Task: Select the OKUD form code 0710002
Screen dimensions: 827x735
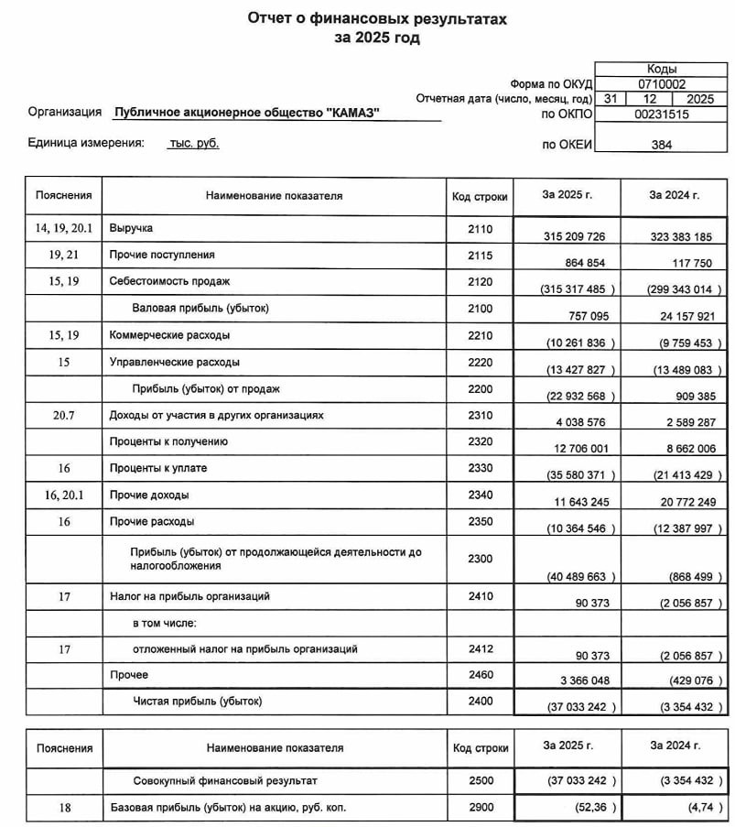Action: [x=661, y=82]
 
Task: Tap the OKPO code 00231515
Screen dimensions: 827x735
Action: [x=661, y=114]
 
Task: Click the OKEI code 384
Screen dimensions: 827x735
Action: [x=661, y=145]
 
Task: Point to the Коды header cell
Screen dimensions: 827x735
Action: [x=661, y=69]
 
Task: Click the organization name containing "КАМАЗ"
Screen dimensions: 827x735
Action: [x=246, y=113]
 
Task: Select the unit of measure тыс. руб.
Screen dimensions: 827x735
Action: [x=194, y=143]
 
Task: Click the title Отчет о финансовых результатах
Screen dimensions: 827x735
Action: [x=376, y=19]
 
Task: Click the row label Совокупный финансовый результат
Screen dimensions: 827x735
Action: [x=225, y=779]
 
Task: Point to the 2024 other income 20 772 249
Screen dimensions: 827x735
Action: [x=679, y=502]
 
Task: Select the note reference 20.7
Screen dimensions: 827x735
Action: [x=63, y=415]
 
